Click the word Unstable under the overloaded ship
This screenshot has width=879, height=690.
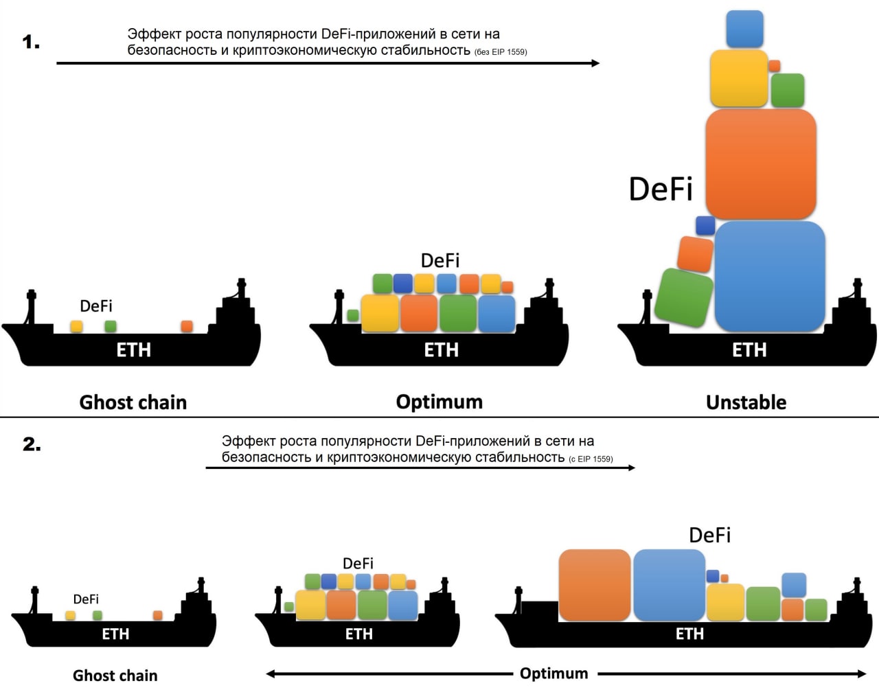pyautogui.click(x=746, y=402)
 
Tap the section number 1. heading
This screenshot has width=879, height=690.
pyautogui.click(x=31, y=43)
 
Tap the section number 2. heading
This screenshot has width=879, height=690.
pyautogui.click(x=32, y=444)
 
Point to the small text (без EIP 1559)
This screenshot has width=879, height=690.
pyautogui.click(x=501, y=52)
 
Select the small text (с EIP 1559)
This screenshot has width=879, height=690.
pyautogui.click(x=591, y=459)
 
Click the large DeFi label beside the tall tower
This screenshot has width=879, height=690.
pyautogui.click(x=661, y=189)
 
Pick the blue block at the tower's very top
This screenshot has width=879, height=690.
pyautogui.click(x=744, y=29)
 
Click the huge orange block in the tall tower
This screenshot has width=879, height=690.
pyautogui.click(x=761, y=163)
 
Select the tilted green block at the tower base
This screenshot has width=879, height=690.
pyautogui.click(x=684, y=297)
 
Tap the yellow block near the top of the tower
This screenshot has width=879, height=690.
pyautogui.click(x=739, y=78)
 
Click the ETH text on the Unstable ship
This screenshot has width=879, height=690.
pyautogui.click(x=749, y=350)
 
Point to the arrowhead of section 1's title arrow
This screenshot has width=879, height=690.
pyautogui.click(x=595, y=63)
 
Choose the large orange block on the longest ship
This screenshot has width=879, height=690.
pyautogui.click(x=595, y=585)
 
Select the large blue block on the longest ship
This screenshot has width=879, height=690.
pyautogui.click(x=669, y=585)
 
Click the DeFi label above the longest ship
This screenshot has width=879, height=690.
pyautogui.click(x=709, y=536)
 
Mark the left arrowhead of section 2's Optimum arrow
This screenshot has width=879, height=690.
pyautogui.click(x=271, y=674)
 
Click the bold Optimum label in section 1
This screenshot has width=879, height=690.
pyautogui.click(x=439, y=402)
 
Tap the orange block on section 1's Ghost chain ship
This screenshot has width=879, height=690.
pyautogui.click(x=187, y=326)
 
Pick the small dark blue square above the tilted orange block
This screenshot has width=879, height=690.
pyautogui.click(x=705, y=225)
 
